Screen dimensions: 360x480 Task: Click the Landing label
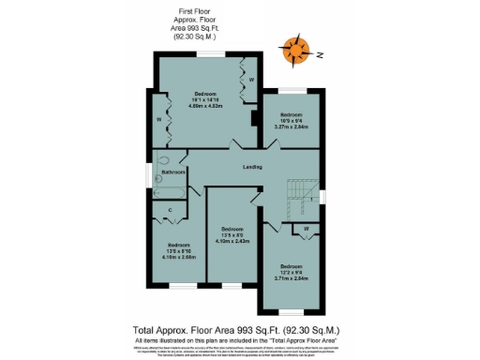251,167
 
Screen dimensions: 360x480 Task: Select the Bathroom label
172,172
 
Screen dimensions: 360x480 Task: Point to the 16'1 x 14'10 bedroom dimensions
207,100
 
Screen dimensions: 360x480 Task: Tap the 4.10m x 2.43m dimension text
232,241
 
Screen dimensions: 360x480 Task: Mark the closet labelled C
170,210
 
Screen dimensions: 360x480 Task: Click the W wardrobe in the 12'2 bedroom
307,229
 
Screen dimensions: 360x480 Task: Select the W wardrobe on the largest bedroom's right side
251,80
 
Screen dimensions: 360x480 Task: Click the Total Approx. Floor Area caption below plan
235,330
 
